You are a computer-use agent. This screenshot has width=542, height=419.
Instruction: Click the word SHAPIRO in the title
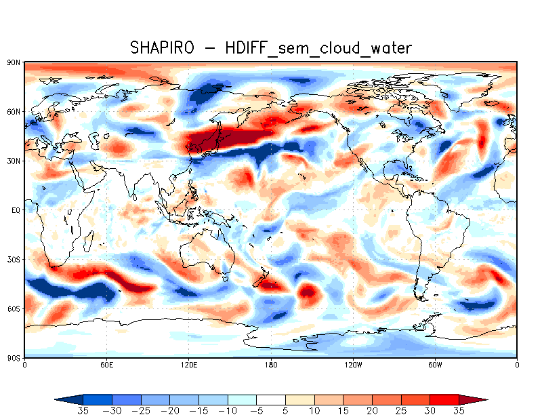coord(161,47)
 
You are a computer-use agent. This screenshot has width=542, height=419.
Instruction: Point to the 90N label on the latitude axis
coord(13,62)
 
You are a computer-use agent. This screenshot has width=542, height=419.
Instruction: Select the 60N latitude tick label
coord(13,111)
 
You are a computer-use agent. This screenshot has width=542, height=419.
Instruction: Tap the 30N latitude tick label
coord(13,161)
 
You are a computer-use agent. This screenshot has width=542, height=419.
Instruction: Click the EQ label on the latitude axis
coord(14,210)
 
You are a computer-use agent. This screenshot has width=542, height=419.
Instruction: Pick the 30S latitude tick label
coord(13,260)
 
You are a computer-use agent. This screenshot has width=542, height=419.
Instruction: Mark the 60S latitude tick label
coord(13,308)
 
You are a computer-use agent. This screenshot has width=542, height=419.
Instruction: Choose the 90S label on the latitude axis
coord(13,358)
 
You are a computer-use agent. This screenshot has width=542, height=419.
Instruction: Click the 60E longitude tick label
coord(106,365)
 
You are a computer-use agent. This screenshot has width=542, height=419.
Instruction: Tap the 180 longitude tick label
coord(271,365)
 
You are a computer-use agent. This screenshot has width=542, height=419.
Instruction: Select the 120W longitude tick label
coord(352,365)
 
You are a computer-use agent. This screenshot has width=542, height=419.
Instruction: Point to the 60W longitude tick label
coord(435,365)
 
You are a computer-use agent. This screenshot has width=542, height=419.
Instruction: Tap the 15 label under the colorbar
coord(343,411)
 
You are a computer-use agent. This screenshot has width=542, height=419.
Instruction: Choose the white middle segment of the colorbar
coord(271,399)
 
